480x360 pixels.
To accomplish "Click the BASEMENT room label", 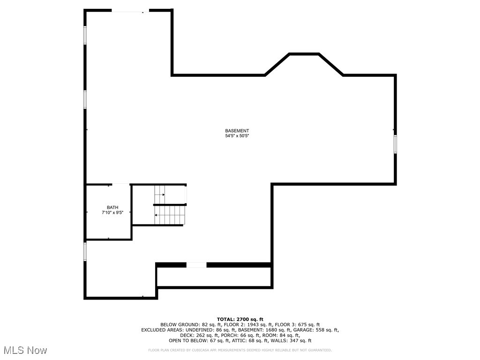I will point(237,131).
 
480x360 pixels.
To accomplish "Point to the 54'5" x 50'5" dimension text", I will point(237,136).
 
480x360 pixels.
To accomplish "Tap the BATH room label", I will point(112,207).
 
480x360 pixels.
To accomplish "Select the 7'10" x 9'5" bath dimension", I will point(112,212).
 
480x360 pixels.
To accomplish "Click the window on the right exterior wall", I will point(395,143).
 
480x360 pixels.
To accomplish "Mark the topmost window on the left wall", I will point(85,35).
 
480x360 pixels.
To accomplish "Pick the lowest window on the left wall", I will point(85,251).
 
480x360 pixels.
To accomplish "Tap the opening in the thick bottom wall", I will point(196,265).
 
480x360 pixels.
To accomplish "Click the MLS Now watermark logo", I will point(25,350).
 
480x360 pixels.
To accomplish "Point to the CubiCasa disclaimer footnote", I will point(240,350).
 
